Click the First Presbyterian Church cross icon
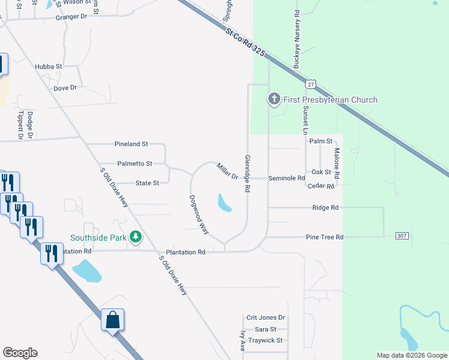[x=274, y=99]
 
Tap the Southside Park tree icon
[x=136, y=237]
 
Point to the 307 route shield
[x=402, y=236]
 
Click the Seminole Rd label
[x=286, y=178]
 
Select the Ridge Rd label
[x=325, y=208]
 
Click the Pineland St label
[x=131, y=145]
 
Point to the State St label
[x=147, y=183]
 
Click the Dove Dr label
[x=65, y=88]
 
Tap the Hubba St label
[x=49, y=67]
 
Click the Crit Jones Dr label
[x=265, y=317]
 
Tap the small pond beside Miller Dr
[x=224, y=203]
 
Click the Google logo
[x=20, y=353]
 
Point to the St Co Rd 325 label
[x=244, y=41]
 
